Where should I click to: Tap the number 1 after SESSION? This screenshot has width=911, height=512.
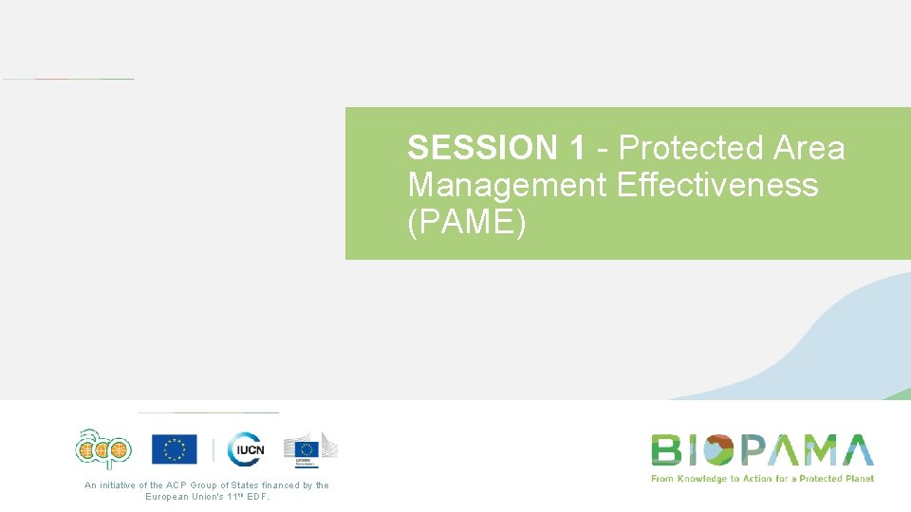(x=578, y=148)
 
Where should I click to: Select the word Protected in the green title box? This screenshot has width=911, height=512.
(x=691, y=148)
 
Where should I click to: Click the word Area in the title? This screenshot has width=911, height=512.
(x=809, y=148)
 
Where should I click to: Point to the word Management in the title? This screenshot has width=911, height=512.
(x=508, y=184)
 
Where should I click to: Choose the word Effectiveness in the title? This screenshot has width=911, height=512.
(x=716, y=184)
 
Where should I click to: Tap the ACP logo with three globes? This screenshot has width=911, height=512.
(x=104, y=448)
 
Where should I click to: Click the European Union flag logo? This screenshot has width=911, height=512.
(x=175, y=448)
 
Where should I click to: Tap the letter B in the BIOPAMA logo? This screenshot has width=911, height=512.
(x=665, y=449)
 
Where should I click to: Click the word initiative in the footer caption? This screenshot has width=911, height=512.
(x=119, y=485)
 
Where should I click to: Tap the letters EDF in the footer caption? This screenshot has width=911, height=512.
(x=257, y=496)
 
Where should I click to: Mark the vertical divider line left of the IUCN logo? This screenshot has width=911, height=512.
(x=214, y=449)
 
